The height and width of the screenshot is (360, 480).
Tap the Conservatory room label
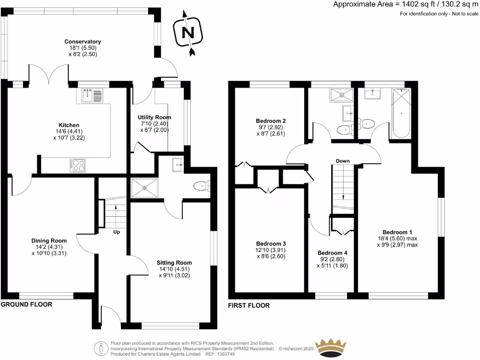point(82,42)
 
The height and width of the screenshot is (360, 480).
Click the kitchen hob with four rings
point(79,165)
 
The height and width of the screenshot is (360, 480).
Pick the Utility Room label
point(154,117)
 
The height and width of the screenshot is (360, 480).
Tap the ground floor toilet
point(202,186)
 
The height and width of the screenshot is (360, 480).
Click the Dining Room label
point(46,240)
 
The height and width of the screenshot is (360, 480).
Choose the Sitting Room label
point(174,262)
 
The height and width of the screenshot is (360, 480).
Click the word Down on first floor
point(343,161)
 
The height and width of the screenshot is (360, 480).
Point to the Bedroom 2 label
point(271,120)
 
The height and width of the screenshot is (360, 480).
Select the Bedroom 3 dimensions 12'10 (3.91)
point(271,250)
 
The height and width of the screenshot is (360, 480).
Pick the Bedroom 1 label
point(397,232)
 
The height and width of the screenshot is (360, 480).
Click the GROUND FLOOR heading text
point(26,304)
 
